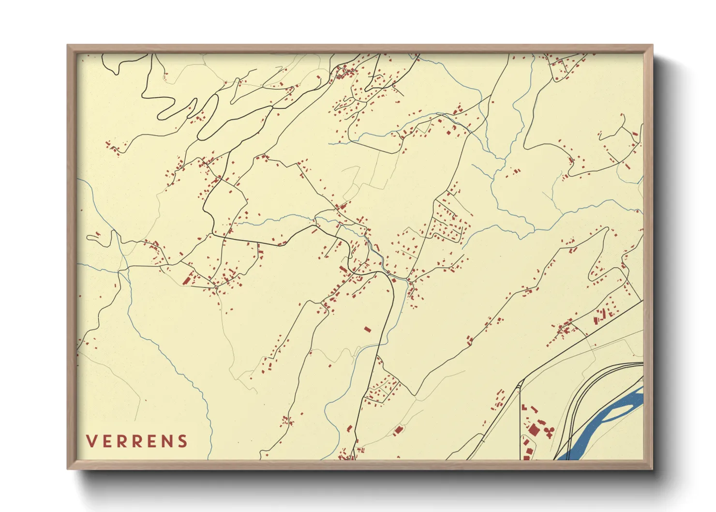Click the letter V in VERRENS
pyautogui.click(x=92, y=441)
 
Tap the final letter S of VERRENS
pyautogui.click(x=182, y=441)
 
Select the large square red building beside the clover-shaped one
pyautogui.click(x=533, y=430)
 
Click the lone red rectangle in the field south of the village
pyautogui.click(x=367, y=330)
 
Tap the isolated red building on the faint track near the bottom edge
pyautogui.click(x=398, y=429)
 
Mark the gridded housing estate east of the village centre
pyautogui.click(x=450, y=223)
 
